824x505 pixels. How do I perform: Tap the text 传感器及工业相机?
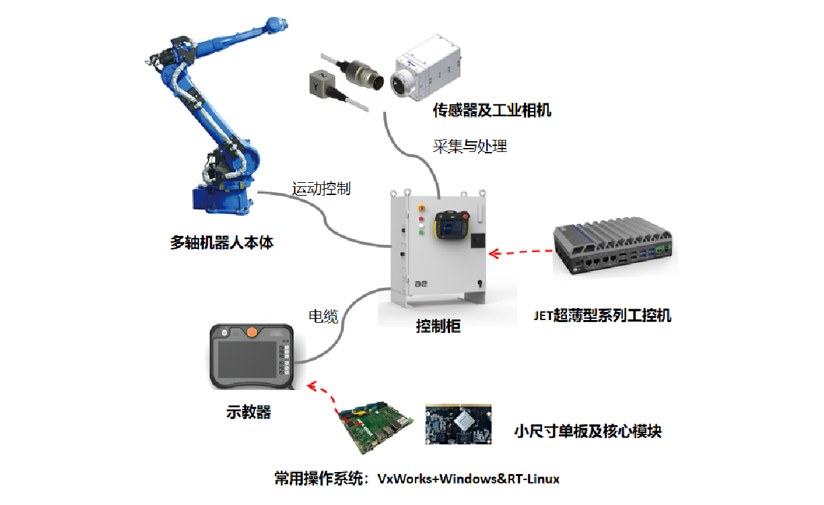[492, 110]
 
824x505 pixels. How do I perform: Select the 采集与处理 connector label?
[470, 146]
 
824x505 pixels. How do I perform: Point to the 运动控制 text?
[322, 188]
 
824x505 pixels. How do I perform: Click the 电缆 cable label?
[323, 317]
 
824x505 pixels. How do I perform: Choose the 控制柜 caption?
[438, 327]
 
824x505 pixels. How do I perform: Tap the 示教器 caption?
[248, 412]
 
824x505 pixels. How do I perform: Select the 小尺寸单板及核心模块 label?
[587, 431]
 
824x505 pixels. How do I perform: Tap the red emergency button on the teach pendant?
[252, 332]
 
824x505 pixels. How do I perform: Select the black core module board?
[458, 424]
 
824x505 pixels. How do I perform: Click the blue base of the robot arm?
[223, 198]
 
